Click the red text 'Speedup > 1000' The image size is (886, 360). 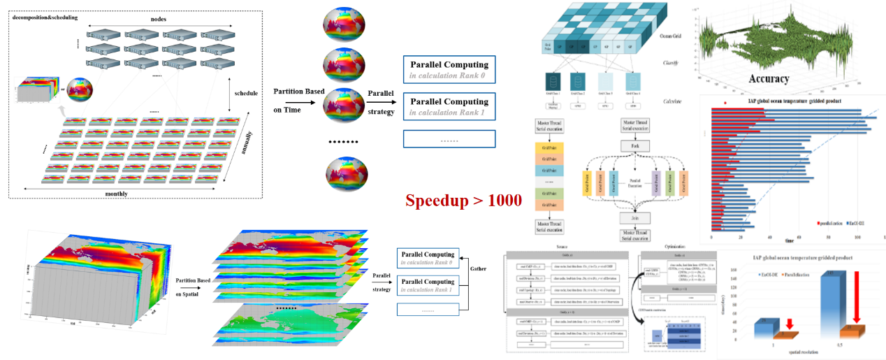pyautogui.click(x=464, y=201)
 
